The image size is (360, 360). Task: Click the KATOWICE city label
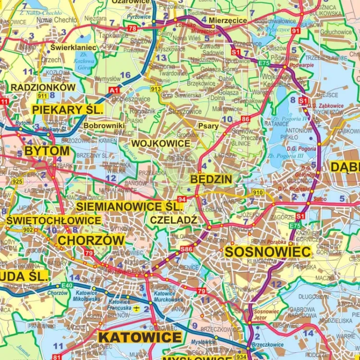(140, 337)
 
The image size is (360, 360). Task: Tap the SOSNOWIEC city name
(268, 252)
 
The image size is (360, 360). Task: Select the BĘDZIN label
(211, 179)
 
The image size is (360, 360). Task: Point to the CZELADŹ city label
(174, 219)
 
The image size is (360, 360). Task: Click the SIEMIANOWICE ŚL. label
(129, 206)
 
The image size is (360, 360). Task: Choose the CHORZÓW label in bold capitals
(91, 240)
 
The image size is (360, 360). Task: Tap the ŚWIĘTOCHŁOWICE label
(54, 220)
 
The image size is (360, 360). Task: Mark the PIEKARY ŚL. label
(68, 109)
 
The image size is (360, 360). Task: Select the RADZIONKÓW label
(43, 87)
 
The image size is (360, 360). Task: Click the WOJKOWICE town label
(161, 144)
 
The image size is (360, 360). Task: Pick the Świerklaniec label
(73, 48)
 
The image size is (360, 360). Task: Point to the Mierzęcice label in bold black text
(228, 21)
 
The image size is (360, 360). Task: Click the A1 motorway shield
(114, 90)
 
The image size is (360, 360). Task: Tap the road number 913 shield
(156, 89)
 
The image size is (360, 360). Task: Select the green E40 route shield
(67, 286)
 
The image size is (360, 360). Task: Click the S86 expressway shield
(186, 249)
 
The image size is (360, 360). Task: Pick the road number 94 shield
(181, 199)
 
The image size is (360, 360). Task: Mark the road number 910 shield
(258, 192)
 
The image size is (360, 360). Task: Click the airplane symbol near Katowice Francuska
(137, 308)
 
